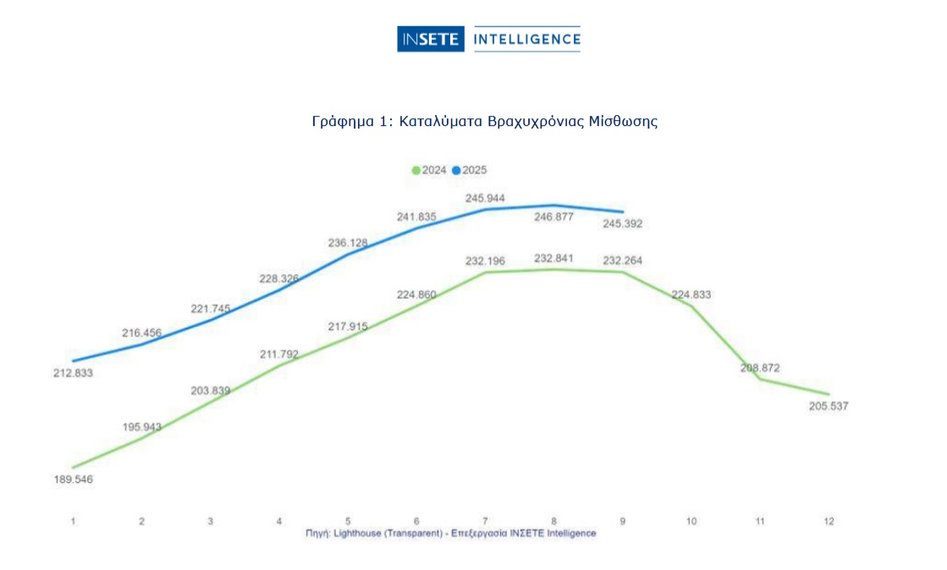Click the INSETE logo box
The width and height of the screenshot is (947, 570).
point(431,39)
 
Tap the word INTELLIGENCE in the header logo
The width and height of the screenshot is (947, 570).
point(526,39)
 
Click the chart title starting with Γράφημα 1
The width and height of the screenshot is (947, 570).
point(485,121)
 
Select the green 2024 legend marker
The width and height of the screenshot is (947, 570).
point(416,170)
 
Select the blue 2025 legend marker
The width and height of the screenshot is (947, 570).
point(456,170)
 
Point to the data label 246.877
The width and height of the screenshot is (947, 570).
point(554,216)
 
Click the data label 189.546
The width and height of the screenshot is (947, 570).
point(73,480)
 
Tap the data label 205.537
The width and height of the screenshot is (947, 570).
point(828,406)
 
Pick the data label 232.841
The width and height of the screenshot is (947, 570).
point(554,258)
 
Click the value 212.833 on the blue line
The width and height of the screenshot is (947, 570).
point(73,373)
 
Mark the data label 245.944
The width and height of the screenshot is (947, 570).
point(485,198)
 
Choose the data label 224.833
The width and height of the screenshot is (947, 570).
point(691,294)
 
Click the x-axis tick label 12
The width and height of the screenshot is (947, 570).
point(829,521)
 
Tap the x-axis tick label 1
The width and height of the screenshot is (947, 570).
point(74,521)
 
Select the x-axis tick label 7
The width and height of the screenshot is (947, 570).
point(485,521)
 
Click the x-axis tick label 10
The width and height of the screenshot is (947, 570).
point(691,521)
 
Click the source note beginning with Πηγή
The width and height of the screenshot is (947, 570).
point(450,534)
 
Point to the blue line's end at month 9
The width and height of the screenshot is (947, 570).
point(623,211)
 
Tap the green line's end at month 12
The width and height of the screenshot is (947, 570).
point(829,394)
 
